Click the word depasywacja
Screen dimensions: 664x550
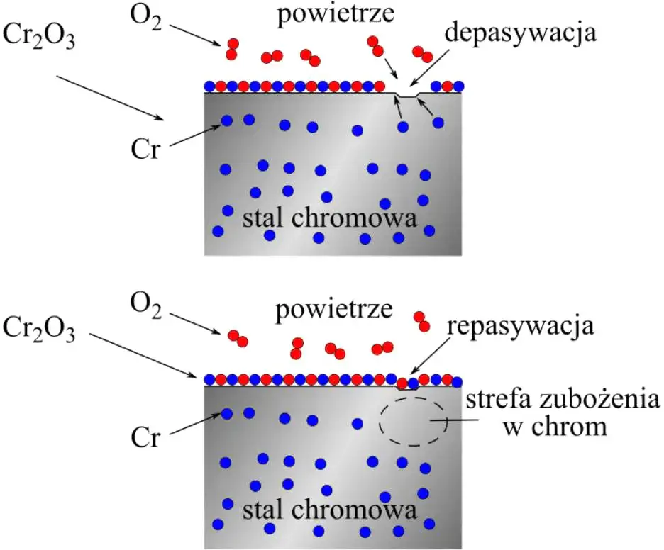[x=521, y=33]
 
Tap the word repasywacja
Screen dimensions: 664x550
[x=521, y=326]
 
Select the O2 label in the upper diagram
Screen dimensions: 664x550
[x=145, y=18]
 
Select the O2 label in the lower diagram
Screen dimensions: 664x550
[x=145, y=306]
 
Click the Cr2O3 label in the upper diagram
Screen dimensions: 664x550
[x=39, y=35]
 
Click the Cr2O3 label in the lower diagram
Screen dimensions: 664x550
[x=39, y=329]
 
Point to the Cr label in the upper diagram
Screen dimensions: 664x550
[x=145, y=149]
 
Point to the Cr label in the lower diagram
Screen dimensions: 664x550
[x=145, y=437]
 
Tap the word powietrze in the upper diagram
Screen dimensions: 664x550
[x=336, y=14]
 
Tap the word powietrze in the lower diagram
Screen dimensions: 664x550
[x=334, y=310]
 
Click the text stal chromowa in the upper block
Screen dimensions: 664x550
[x=329, y=218]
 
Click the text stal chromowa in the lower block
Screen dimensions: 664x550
[x=329, y=510]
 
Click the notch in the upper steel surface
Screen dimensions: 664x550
[x=407, y=95]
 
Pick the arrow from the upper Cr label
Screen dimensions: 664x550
[x=195, y=135]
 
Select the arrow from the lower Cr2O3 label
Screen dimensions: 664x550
[x=143, y=355]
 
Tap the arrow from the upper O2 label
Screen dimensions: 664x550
[x=195, y=35]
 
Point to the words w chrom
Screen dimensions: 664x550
[x=555, y=427]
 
